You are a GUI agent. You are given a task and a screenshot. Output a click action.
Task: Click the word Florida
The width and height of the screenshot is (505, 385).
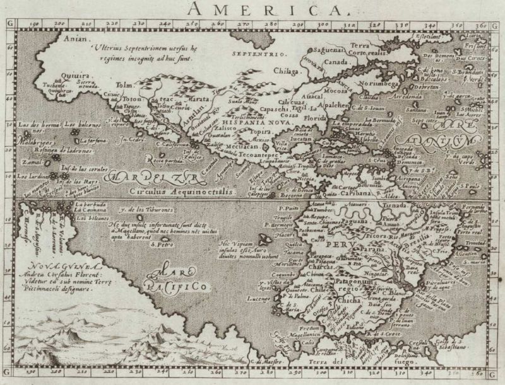[x=316, y=117]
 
